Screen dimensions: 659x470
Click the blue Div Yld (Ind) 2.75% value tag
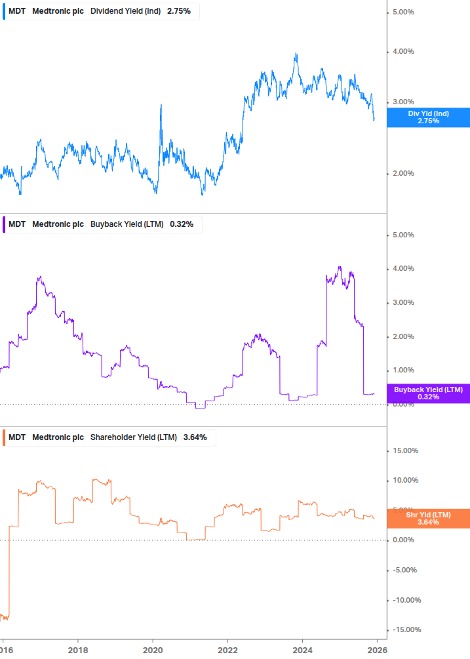(428, 117)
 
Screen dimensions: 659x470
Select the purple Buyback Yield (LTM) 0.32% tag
(428, 393)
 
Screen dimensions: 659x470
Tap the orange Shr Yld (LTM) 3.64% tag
(428, 518)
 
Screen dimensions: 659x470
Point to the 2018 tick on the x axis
(77, 650)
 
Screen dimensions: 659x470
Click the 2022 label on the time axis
(227, 650)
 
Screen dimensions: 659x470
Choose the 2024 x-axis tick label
(302, 650)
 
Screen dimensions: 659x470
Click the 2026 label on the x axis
(377, 650)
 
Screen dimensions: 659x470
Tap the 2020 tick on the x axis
(153, 650)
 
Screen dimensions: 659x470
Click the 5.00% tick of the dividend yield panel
(403, 12)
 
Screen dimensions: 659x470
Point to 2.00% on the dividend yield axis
(403, 173)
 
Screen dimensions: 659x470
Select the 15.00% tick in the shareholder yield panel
(404, 450)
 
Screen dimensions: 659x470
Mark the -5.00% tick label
(404, 570)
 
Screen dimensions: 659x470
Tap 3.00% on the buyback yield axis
(403, 302)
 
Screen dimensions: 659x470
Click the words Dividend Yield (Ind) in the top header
(123, 11)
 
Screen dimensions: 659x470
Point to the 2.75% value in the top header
(178, 11)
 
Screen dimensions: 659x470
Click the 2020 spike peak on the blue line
(161, 105)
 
